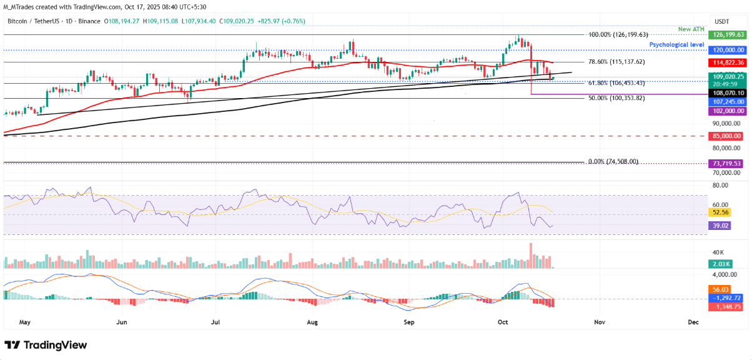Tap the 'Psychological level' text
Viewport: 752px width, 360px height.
pos(676,45)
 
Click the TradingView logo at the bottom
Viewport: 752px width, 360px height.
pos(46,345)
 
